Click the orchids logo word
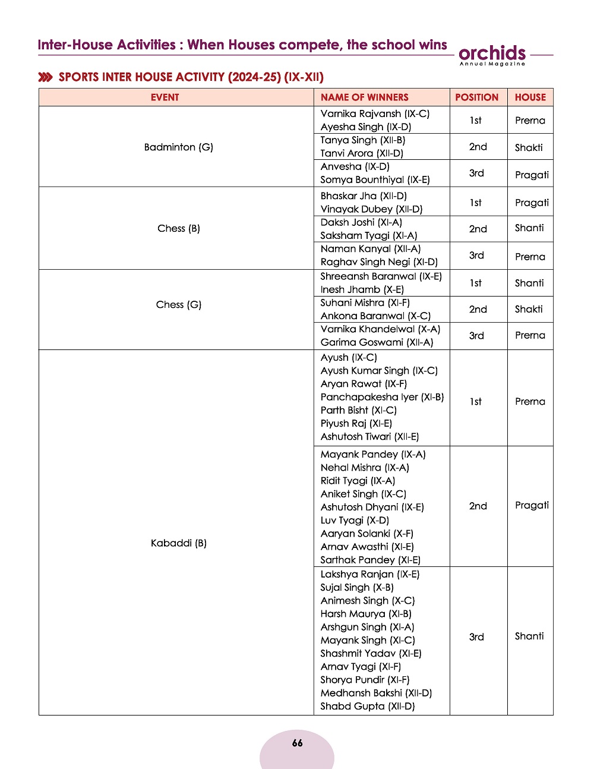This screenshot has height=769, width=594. (492, 53)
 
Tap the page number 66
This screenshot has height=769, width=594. (297, 743)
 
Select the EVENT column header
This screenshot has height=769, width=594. (165, 97)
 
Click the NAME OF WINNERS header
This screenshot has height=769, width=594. (364, 97)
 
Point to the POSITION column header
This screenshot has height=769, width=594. (476, 97)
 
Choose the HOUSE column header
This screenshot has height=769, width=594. (530, 97)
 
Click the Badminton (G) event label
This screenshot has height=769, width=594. (178, 147)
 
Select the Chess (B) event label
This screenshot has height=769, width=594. (178, 228)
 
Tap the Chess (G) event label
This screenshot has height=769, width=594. (178, 304)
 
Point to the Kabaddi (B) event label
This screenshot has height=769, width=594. (178, 543)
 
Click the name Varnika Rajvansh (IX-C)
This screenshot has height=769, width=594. (375, 114)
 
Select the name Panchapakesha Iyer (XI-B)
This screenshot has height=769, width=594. (382, 397)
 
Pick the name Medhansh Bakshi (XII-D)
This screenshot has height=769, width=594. (376, 693)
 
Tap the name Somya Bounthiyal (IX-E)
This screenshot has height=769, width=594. (375, 179)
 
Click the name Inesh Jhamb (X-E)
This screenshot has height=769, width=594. (362, 289)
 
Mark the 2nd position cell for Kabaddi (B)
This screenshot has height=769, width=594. (478, 506)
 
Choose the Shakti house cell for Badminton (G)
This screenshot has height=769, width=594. (529, 147)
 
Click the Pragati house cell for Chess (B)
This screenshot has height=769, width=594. (532, 203)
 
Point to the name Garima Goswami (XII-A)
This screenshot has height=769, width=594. (377, 342)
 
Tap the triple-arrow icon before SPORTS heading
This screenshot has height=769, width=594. (45, 77)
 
